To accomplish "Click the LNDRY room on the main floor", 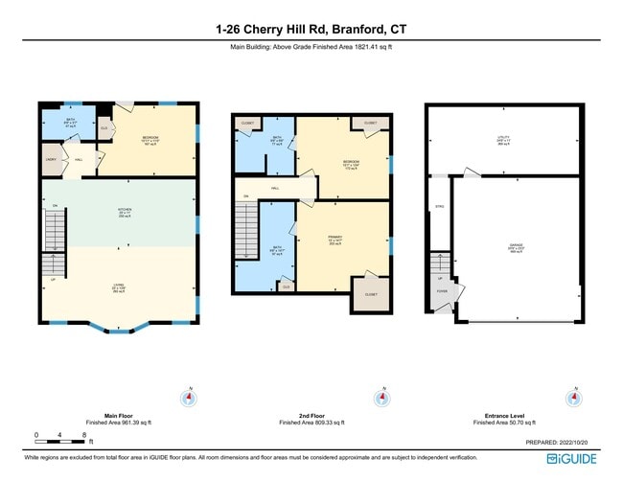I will point(49,161).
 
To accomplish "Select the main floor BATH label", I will point(56,122).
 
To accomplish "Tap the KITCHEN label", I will point(123,213).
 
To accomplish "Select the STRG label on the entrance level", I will point(440,206).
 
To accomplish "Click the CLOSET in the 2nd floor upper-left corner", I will point(248,124).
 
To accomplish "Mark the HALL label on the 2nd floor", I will point(274,189).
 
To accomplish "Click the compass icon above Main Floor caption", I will point(190,398).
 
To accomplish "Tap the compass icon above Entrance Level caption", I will point(574,398).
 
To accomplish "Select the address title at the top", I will point(311,29).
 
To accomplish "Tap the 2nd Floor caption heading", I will point(311,416).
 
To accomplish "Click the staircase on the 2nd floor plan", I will point(247,230).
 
